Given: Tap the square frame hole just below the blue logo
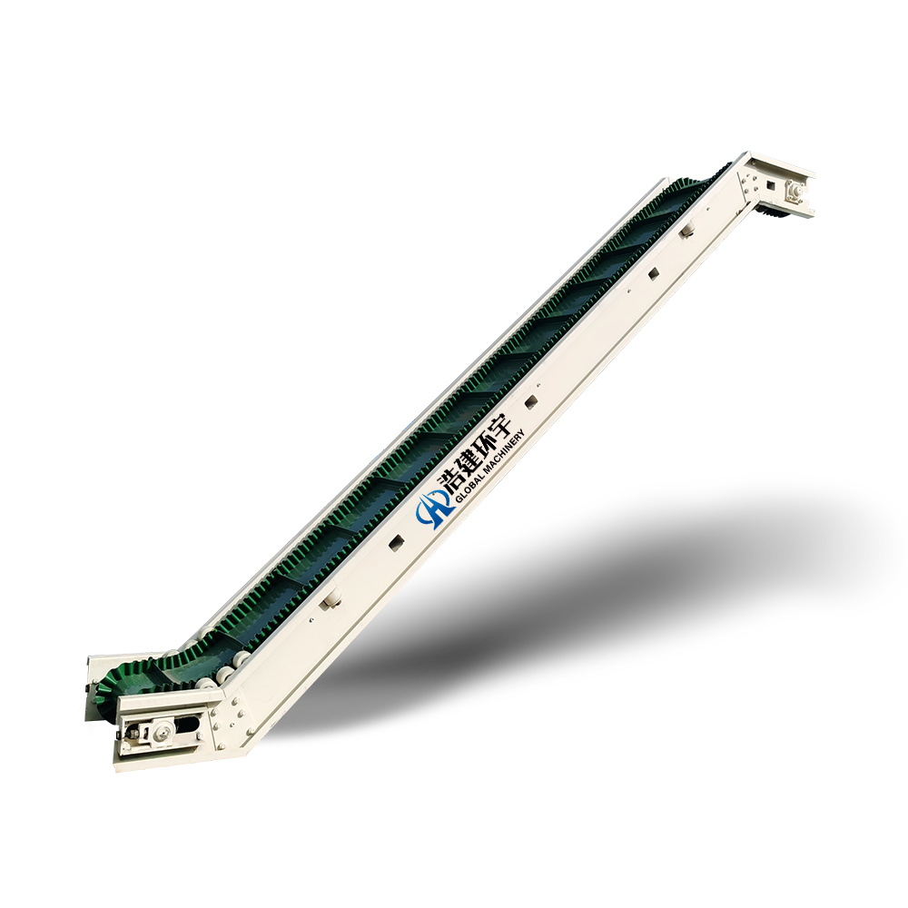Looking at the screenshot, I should click(x=396, y=542).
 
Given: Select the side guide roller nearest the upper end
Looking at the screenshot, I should click(x=687, y=231).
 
